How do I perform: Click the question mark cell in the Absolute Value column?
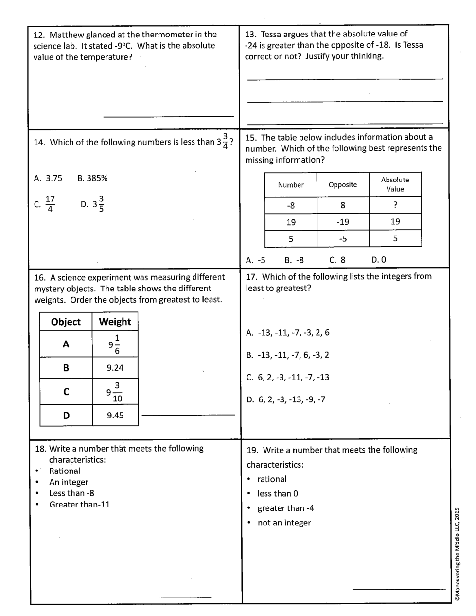click(395, 205)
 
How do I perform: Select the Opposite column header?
click(342, 185)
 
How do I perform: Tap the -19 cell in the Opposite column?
click(342, 222)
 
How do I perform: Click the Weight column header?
click(115, 322)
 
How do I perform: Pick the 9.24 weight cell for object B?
click(115, 368)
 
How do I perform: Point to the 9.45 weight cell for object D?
click(115, 415)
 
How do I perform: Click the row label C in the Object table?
click(66, 392)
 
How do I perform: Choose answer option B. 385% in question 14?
click(92, 178)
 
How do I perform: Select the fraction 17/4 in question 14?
click(50, 204)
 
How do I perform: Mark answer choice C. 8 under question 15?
click(337, 260)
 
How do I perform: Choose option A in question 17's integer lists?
click(288, 333)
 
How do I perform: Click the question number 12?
click(39, 35)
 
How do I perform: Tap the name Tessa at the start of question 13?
click(272, 34)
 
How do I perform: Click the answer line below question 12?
click(168, 116)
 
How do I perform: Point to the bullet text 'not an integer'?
click(284, 523)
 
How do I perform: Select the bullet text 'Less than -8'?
click(71, 493)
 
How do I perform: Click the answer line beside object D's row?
click(188, 415)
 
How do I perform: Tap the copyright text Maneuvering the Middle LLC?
click(457, 560)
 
